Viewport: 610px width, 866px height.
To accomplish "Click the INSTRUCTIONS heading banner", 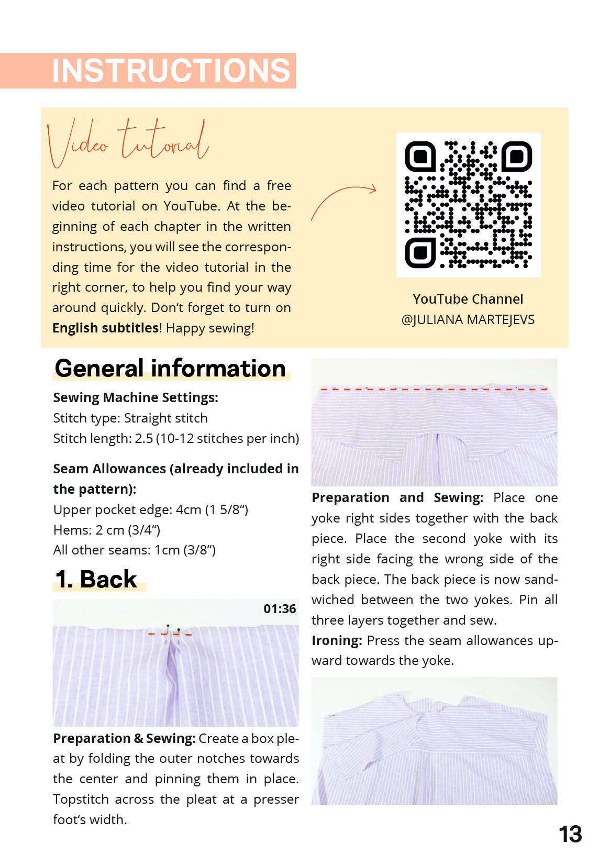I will [171, 70].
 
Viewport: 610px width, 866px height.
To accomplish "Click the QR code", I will [468, 205].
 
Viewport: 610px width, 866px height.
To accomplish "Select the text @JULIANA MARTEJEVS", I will [468, 320].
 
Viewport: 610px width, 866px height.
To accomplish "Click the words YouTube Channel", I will [468, 299].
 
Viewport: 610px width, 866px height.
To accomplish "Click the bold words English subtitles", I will [105, 328].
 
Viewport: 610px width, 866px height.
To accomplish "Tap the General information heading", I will [170, 369].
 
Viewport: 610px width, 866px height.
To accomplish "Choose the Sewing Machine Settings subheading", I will [136, 398].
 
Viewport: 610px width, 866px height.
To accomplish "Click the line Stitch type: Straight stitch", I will [130, 418].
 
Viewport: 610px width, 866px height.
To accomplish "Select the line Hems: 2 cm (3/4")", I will [107, 530].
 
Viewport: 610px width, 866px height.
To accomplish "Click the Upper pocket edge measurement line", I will [151, 509].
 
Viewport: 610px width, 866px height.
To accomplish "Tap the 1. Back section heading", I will [96, 580].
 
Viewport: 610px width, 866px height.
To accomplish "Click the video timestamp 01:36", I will [280, 609].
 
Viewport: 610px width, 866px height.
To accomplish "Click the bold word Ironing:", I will [337, 641].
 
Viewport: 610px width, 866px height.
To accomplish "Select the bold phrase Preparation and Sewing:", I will [397, 498].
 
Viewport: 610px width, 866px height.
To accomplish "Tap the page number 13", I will [570, 835].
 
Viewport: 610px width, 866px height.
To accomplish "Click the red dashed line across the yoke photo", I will [434, 390].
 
